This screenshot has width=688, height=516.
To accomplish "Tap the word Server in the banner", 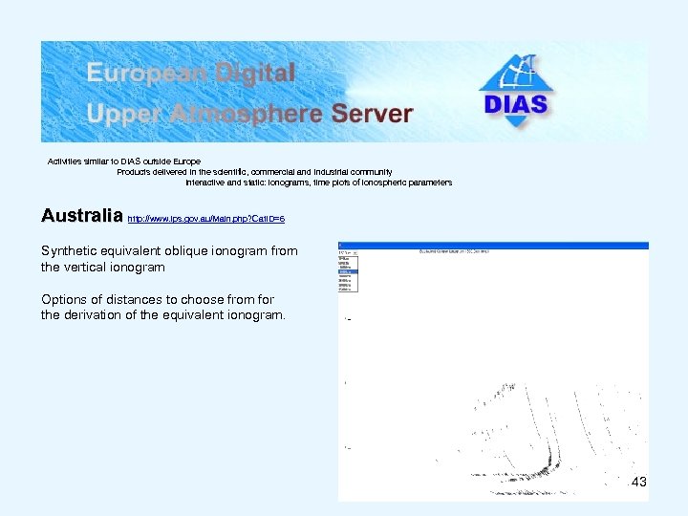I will (372, 114).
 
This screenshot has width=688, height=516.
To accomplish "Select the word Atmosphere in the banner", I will (246, 114).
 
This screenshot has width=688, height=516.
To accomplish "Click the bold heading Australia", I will (82, 216).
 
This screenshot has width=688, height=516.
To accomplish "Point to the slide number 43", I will (639, 483).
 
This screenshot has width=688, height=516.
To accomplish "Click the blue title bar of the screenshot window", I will (493, 246).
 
